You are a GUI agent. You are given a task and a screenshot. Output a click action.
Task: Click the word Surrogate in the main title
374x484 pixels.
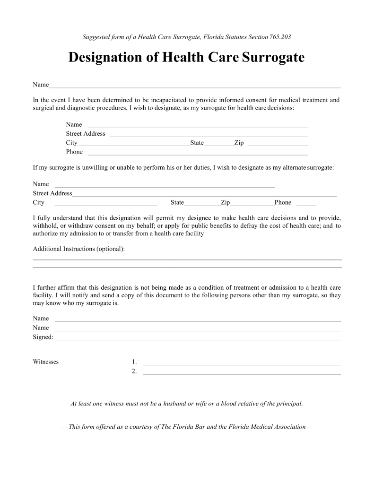pos(273,58)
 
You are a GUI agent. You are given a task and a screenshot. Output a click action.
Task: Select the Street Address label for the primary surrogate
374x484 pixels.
pos(86,134)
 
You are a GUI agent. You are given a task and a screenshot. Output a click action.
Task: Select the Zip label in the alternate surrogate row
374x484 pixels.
pos(226,203)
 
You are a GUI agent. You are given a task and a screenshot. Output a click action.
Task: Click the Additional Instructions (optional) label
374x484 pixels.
pos(79,249)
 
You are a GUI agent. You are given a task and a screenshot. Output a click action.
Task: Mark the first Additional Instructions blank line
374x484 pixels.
pos(187,259)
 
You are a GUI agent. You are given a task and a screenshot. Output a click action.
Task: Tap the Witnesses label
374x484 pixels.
pos(46,362)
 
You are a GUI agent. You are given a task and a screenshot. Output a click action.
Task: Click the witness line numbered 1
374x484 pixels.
pos(242,364)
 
